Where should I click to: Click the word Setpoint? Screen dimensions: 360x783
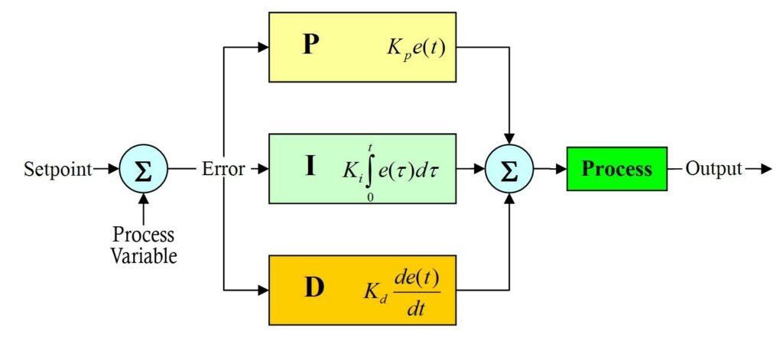click(54, 169)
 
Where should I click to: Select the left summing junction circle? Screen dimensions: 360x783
click(142, 169)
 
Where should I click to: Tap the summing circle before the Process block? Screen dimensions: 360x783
click(508, 169)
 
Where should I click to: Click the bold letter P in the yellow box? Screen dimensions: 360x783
click(310, 46)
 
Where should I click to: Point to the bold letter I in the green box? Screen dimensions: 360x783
click(310, 166)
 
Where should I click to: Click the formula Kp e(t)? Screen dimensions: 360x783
click(416, 49)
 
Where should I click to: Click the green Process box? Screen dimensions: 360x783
click(616, 169)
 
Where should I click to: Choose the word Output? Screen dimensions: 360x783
click(713, 169)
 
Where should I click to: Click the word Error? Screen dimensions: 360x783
click(223, 169)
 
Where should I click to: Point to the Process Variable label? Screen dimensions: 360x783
click(144, 245)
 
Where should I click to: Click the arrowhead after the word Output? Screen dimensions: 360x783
click(764, 169)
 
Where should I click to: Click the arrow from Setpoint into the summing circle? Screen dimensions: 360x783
click(107, 169)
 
